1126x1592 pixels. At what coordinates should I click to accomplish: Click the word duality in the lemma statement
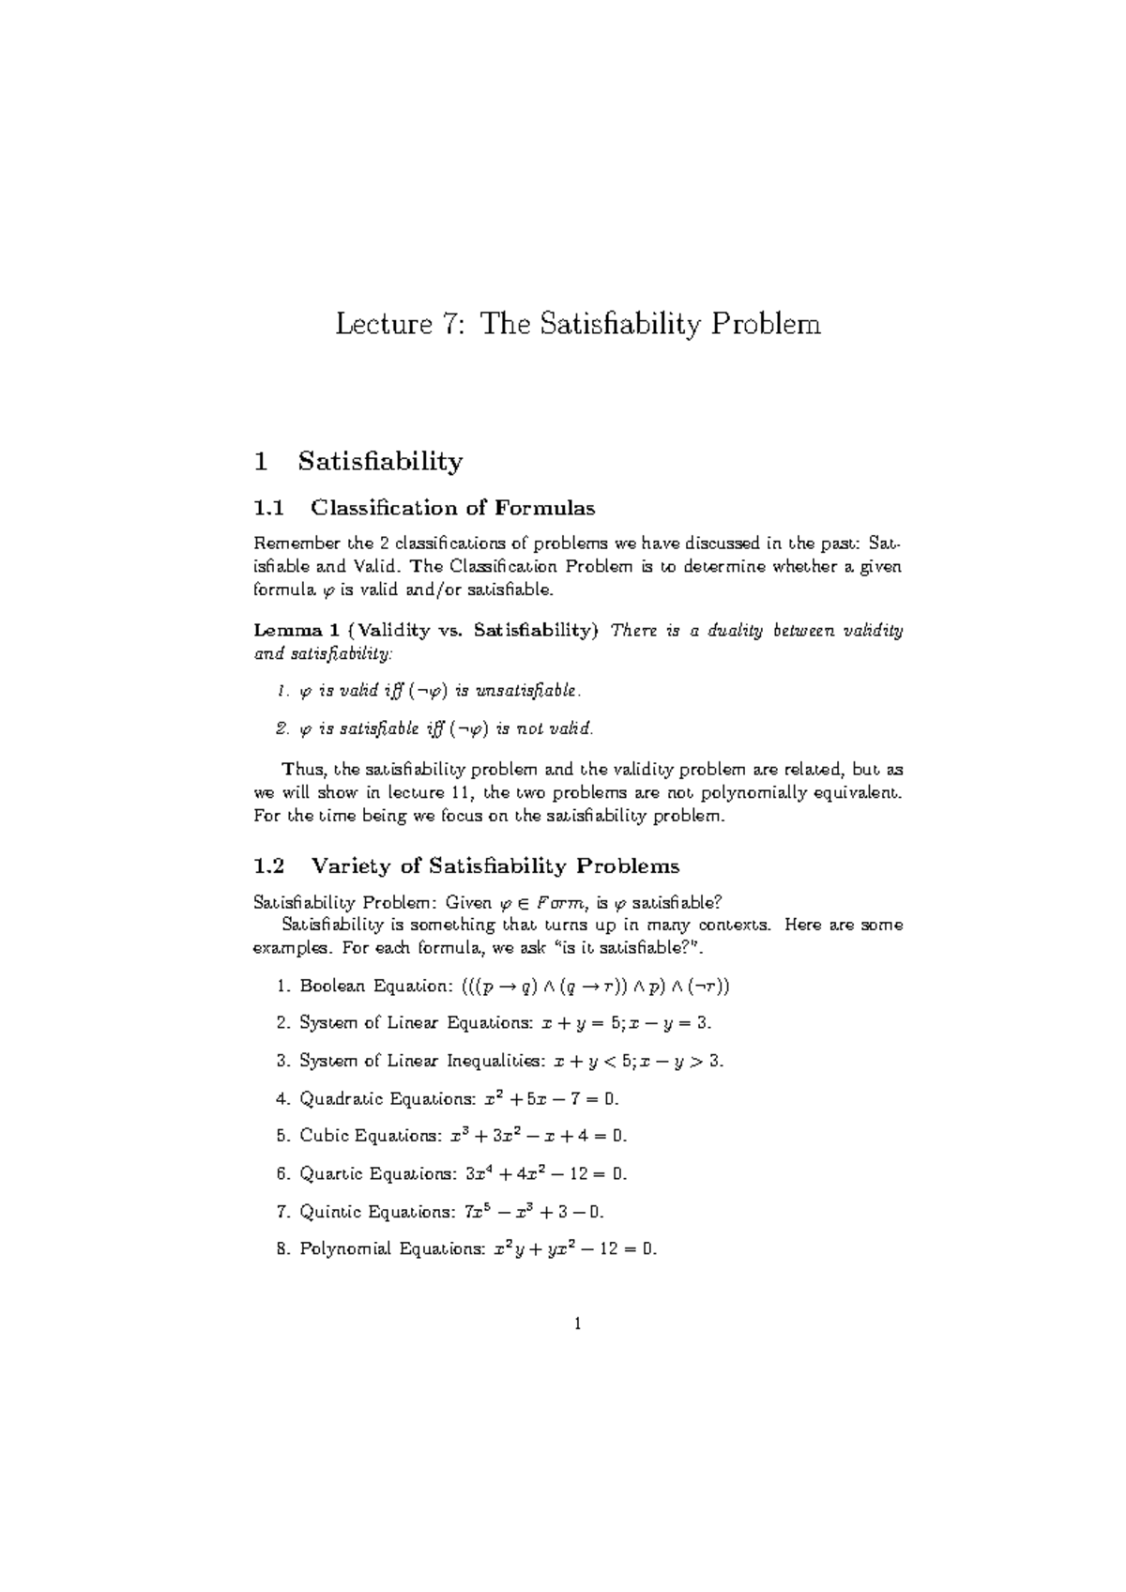(728, 630)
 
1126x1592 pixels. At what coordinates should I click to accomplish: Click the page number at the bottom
(578, 1324)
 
